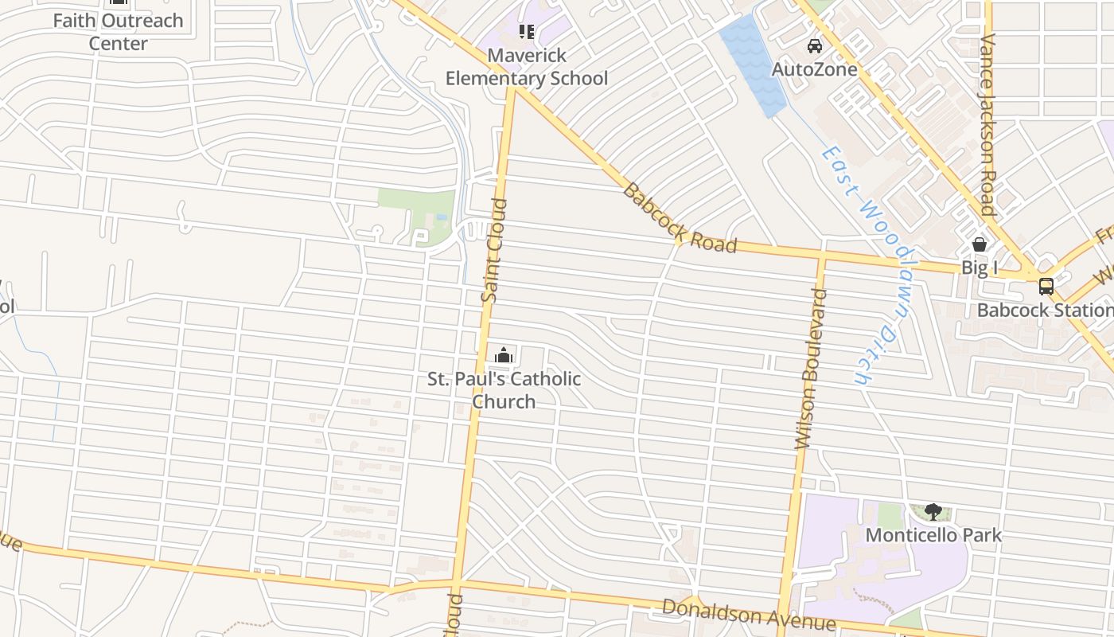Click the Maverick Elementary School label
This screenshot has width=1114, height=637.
526,67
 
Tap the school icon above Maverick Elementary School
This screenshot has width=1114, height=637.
526,32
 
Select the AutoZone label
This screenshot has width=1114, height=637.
815,69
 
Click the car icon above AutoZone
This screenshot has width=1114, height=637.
815,46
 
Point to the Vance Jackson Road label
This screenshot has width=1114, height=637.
988,125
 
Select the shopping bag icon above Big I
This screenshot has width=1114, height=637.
980,244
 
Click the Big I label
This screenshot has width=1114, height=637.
980,268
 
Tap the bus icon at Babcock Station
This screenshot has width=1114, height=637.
1046,286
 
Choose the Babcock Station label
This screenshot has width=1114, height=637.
1045,310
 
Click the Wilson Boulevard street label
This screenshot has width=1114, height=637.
812,369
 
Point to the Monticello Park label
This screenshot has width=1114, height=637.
933,535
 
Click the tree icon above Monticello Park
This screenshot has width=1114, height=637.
933,512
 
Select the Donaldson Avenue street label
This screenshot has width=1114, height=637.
749,614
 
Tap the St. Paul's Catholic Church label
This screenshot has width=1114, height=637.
504,389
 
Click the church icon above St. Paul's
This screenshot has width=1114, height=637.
504,355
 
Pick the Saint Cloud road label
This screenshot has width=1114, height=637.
493,250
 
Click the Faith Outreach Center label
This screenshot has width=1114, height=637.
118,31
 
